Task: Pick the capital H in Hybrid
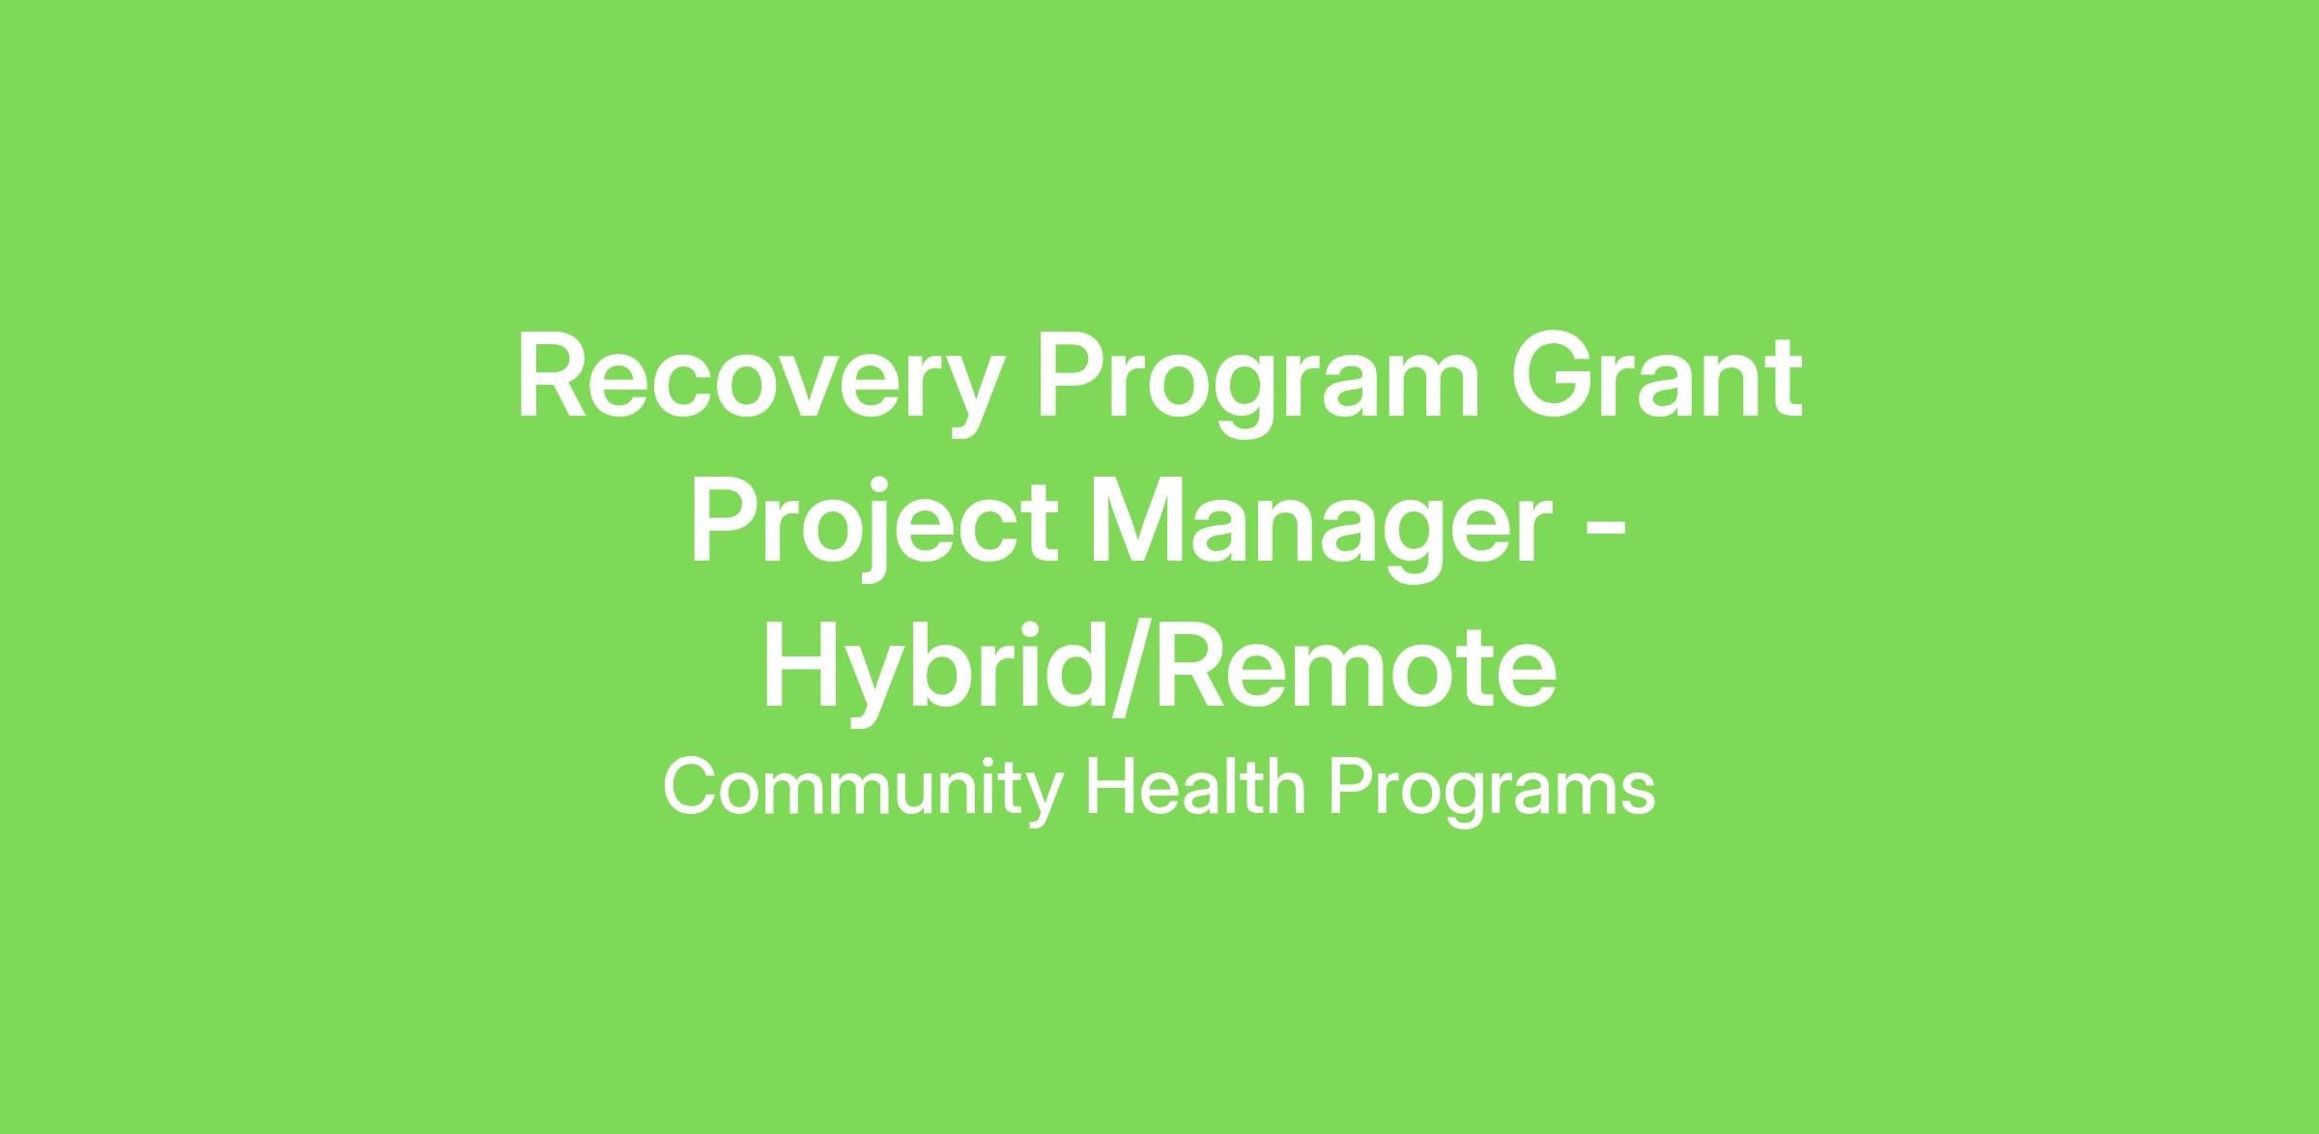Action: (800, 667)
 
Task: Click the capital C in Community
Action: (690, 789)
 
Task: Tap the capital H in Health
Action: (1109, 789)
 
